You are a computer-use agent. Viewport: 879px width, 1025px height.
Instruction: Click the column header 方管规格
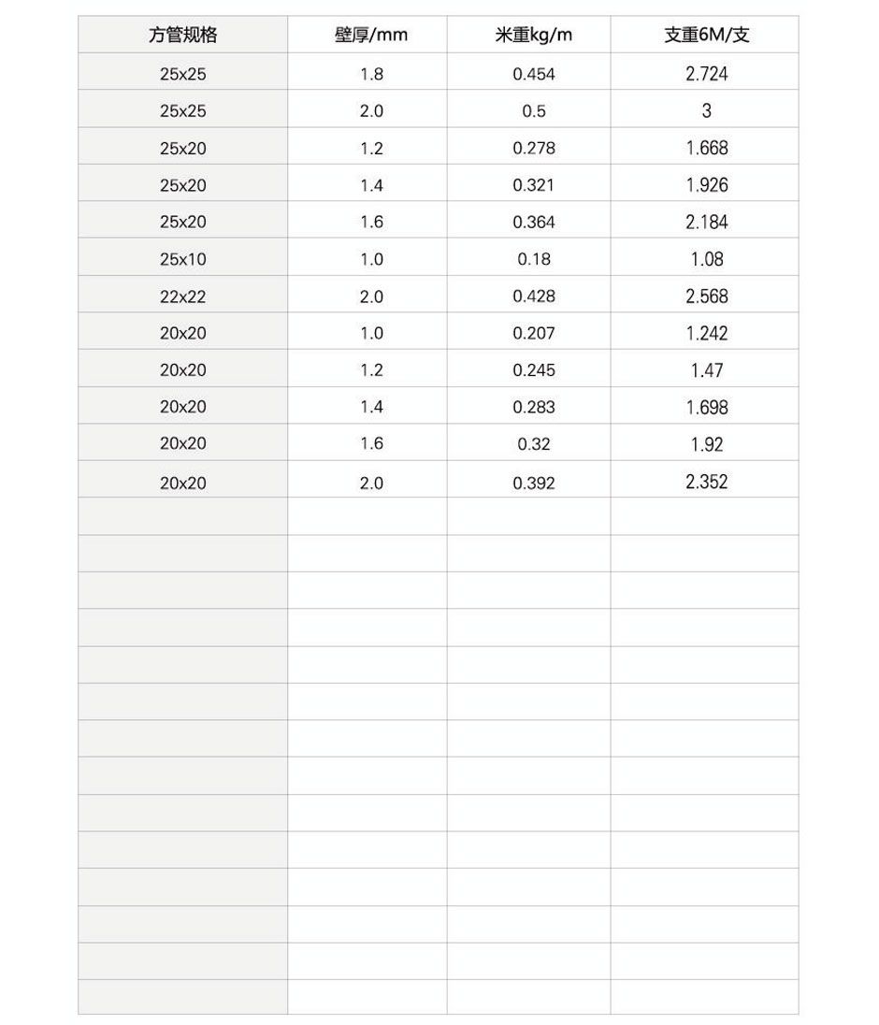tap(182, 36)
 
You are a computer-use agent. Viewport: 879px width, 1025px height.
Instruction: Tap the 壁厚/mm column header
tap(371, 36)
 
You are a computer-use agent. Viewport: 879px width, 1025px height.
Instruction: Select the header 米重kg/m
tap(533, 36)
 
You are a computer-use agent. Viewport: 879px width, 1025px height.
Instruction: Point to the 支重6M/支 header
tap(706, 36)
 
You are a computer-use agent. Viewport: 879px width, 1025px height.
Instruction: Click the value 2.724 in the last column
tap(706, 74)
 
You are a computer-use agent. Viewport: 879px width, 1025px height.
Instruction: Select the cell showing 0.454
tap(533, 74)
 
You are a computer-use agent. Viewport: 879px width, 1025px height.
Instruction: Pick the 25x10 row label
tap(182, 259)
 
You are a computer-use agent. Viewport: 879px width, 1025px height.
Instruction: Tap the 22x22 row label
tap(182, 296)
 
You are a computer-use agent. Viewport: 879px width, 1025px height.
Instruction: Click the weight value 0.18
tap(533, 259)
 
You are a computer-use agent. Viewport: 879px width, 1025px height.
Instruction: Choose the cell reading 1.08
tap(706, 259)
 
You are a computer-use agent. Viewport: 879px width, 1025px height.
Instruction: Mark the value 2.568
tap(706, 296)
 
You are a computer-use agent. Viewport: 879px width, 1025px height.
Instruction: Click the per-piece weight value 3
tap(706, 110)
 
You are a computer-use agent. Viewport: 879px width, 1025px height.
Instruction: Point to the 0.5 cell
tap(533, 111)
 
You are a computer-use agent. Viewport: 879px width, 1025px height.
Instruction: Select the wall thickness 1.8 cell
tap(371, 74)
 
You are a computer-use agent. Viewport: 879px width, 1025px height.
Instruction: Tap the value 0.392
tap(533, 484)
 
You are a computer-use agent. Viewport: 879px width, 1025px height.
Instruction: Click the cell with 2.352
tap(706, 482)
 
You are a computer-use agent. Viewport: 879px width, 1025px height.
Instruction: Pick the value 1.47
tap(706, 370)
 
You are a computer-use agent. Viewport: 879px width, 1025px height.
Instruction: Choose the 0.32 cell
tap(533, 444)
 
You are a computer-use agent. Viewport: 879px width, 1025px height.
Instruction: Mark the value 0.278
tap(533, 148)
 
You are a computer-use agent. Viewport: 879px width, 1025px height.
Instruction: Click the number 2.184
tap(706, 223)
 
